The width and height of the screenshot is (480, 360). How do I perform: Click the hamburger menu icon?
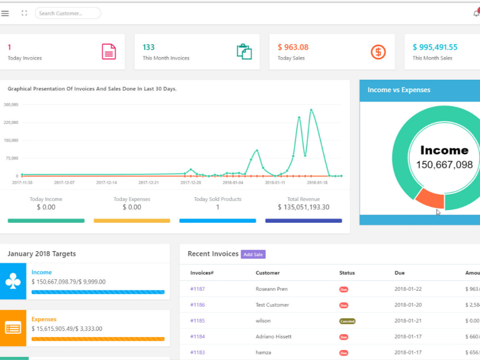click(5, 13)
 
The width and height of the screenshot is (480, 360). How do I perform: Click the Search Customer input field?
click(68, 13)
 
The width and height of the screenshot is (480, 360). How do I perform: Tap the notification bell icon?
click(476, 13)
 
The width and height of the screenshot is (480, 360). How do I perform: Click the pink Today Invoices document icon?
click(109, 51)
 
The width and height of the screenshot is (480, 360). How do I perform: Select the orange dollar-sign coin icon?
click(378, 51)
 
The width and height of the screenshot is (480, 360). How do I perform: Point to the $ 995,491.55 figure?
click(435, 47)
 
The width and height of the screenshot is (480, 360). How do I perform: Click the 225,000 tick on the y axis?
click(11, 122)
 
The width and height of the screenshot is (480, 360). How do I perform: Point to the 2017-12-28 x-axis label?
click(192, 182)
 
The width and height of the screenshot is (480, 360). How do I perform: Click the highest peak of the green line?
click(311, 110)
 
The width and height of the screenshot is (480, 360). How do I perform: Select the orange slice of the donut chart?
click(430, 198)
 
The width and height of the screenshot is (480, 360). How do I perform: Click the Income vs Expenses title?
click(399, 90)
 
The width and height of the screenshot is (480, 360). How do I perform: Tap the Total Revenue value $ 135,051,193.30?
click(303, 207)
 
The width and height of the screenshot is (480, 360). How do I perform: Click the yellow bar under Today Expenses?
click(132, 221)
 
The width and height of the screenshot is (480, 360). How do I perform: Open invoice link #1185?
click(197, 321)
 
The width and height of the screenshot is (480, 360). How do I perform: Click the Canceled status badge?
click(347, 321)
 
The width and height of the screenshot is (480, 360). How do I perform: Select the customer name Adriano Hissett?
click(274, 336)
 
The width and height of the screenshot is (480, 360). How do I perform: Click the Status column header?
click(347, 273)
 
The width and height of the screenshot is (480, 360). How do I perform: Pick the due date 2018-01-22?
click(408, 289)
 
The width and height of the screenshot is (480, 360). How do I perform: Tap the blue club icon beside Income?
click(13, 282)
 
